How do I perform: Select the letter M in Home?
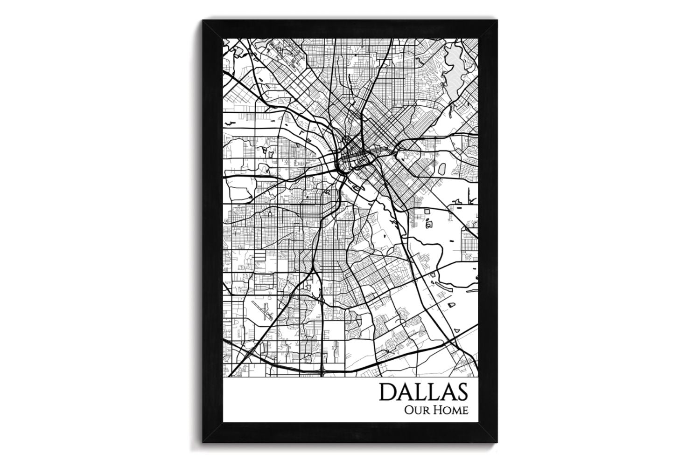click(x=455, y=411)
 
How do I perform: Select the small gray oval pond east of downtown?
click(x=429, y=224)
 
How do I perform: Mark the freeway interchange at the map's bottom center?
click(x=322, y=370)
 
